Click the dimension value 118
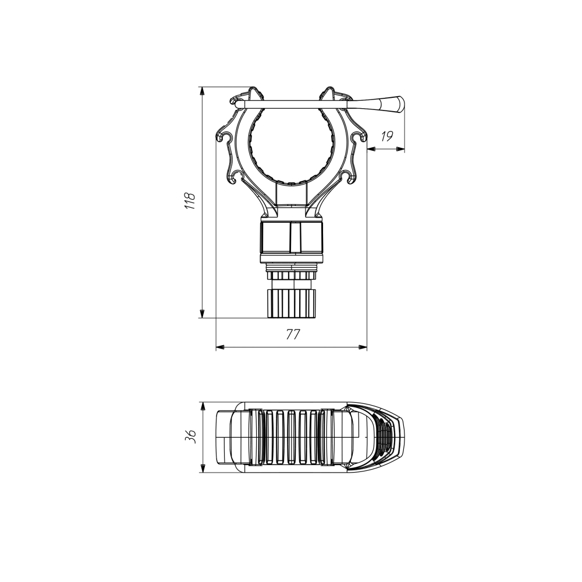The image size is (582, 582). [190, 201]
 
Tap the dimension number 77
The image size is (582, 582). [293, 335]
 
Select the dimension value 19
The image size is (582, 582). [386, 136]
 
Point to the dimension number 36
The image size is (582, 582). [190, 437]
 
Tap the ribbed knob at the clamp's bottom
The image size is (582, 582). [292, 304]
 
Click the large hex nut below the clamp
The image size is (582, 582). [292, 237]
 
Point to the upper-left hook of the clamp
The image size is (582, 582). [224, 137]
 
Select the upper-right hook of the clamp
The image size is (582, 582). [359, 137]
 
